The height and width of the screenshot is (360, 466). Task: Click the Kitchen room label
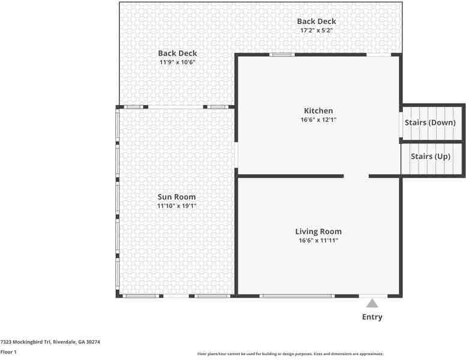pos(318,111)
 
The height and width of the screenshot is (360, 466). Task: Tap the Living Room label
pos(318,232)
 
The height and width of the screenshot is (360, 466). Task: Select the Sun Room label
pos(177,197)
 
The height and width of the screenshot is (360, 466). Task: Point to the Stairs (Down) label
pos(430,122)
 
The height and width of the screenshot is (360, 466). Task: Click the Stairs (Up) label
pos(431,156)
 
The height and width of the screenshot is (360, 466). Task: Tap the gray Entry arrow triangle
pos(372,304)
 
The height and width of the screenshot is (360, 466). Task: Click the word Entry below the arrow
pos(372,317)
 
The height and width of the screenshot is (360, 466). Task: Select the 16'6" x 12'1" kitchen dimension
pos(318,120)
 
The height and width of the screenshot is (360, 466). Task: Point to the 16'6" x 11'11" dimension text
pos(318,240)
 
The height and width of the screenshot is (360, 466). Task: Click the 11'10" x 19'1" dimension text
pos(177,206)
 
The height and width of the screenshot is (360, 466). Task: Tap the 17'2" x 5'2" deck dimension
pos(316,30)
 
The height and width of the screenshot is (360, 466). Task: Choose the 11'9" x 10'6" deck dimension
pos(177,62)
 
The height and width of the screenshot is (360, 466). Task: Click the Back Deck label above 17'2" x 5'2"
pos(316,22)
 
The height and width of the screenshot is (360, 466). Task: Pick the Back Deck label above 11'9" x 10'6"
pos(177,53)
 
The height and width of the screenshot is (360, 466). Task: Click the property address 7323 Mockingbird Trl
pos(26,342)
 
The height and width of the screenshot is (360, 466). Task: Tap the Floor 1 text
pos(8,352)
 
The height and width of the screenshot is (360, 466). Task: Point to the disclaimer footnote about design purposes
pos(291,354)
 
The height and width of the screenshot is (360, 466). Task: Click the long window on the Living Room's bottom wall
pos(297,296)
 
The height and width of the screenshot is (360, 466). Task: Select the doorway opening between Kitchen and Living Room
pos(356,176)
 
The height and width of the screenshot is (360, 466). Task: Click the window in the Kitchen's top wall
pos(282,55)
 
